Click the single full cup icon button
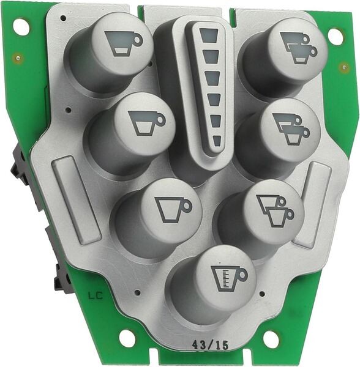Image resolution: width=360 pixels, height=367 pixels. click(124, 44)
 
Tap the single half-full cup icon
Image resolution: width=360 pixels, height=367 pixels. click(147, 123)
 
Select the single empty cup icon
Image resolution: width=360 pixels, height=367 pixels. click(173, 210)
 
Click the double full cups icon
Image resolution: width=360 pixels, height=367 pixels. click(299, 48)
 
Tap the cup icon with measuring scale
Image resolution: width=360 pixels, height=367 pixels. click(229, 278)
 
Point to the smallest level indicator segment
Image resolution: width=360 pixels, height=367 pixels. click(217, 141)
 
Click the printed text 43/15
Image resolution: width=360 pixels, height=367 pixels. click(210, 344)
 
